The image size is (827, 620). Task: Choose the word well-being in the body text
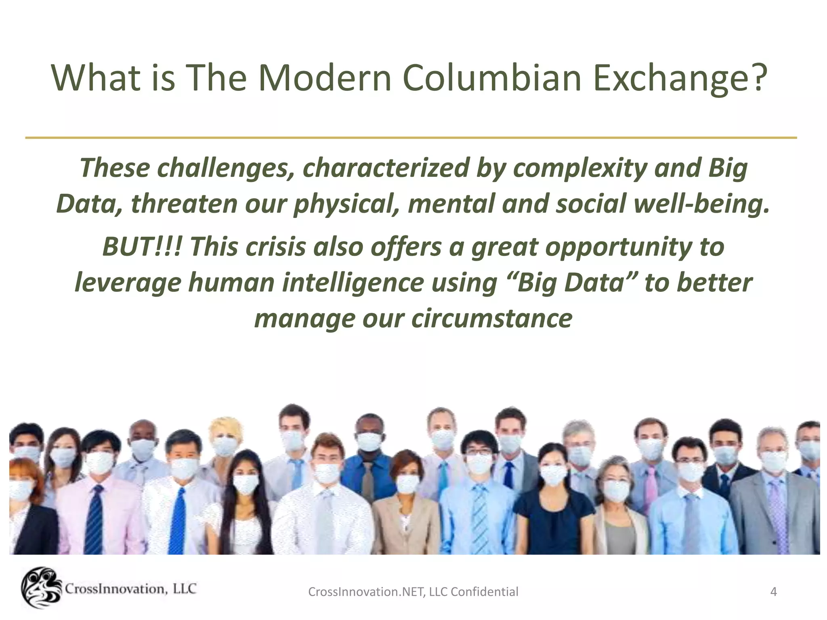[701, 203]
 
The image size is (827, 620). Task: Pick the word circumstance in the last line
[492, 318]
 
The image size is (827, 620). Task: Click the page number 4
[773, 592]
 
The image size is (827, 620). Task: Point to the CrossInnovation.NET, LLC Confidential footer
[413, 592]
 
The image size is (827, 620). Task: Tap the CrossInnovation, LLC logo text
[130, 589]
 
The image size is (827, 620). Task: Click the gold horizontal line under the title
[411, 138]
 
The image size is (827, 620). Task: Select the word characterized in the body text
[385, 168]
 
